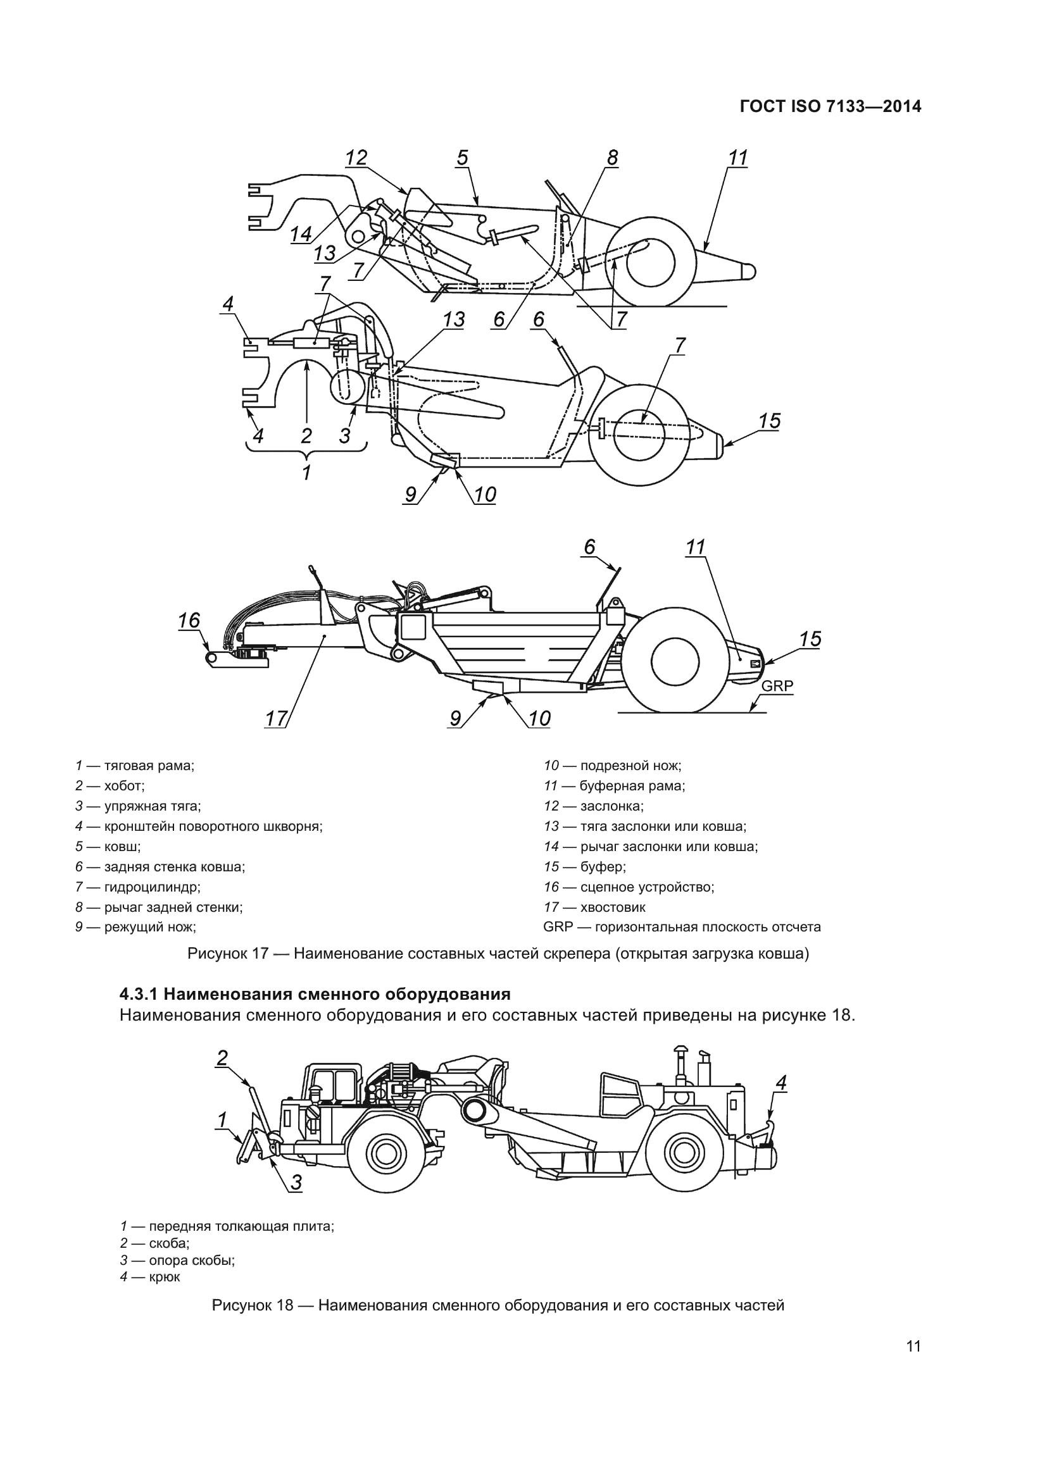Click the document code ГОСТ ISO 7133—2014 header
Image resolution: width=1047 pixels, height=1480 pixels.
click(831, 107)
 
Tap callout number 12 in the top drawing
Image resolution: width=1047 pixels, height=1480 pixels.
click(356, 158)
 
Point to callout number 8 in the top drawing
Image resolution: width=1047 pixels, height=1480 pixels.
click(612, 158)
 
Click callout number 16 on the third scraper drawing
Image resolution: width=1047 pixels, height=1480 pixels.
click(189, 621)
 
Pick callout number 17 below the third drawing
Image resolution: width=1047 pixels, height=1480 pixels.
click(275, 719)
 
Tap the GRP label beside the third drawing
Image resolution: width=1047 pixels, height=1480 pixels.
click(777, 686)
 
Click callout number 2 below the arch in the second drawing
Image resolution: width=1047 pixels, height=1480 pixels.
click(306, 437)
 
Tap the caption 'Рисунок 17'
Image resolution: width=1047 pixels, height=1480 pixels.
click(228, 954)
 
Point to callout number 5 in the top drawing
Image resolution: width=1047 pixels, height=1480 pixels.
click(462, 158)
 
